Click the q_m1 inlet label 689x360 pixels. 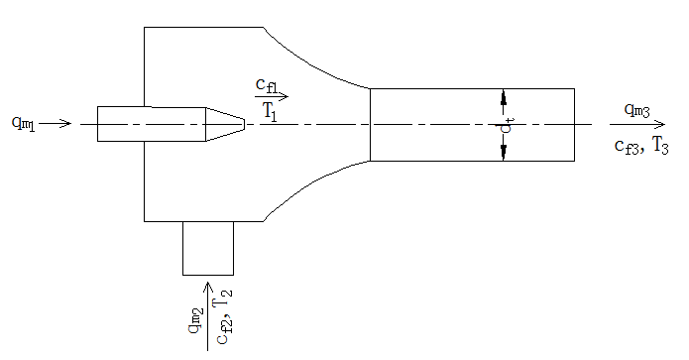click(23, 123)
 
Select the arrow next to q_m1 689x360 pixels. click(55, 124)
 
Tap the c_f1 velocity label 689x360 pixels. click(267, 85)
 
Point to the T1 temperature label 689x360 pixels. click(271, 110)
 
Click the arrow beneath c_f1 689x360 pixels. click(272, 96)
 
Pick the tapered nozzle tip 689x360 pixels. click(225, 124)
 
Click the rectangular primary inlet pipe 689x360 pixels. click(152, 124)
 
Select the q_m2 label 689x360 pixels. click(196, 321)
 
